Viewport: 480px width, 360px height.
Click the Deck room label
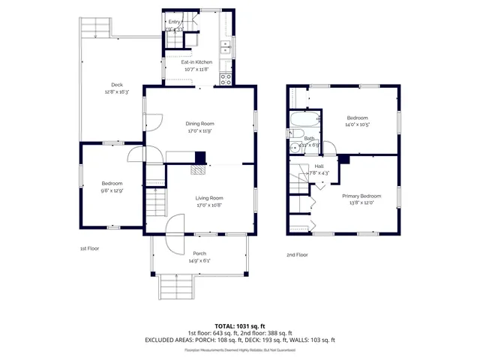(x=117, y=85)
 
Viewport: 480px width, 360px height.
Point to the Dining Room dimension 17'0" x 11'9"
(x=200, y=130)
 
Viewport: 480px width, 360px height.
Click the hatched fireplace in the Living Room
(x=196, y=170)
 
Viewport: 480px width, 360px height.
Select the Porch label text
(x=199, y=253)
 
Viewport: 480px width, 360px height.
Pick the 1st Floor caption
(x=89, y=248)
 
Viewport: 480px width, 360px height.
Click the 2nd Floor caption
(x=297, y=254)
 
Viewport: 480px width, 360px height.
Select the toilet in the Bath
(x=293, y=134)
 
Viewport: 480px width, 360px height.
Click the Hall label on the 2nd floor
(x=319, y=166)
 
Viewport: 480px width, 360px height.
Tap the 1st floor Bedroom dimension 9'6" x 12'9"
(x=111, y=190)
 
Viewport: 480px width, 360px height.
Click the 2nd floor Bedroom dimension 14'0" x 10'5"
(x=357, y=124)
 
